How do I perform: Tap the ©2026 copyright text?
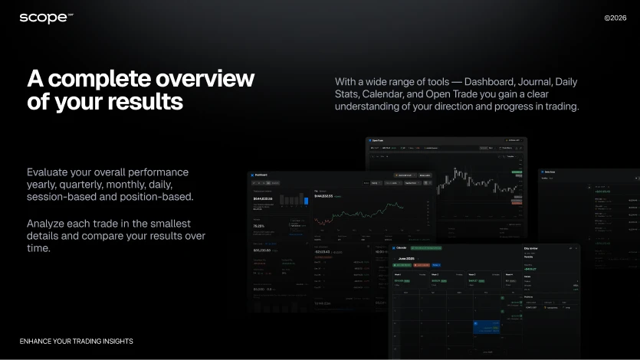(x=615, y=18)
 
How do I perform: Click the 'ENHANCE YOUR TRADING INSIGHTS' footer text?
(x=77, y=341)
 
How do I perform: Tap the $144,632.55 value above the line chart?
(x=330, y=197)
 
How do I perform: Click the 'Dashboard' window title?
(x=266, y=175)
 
